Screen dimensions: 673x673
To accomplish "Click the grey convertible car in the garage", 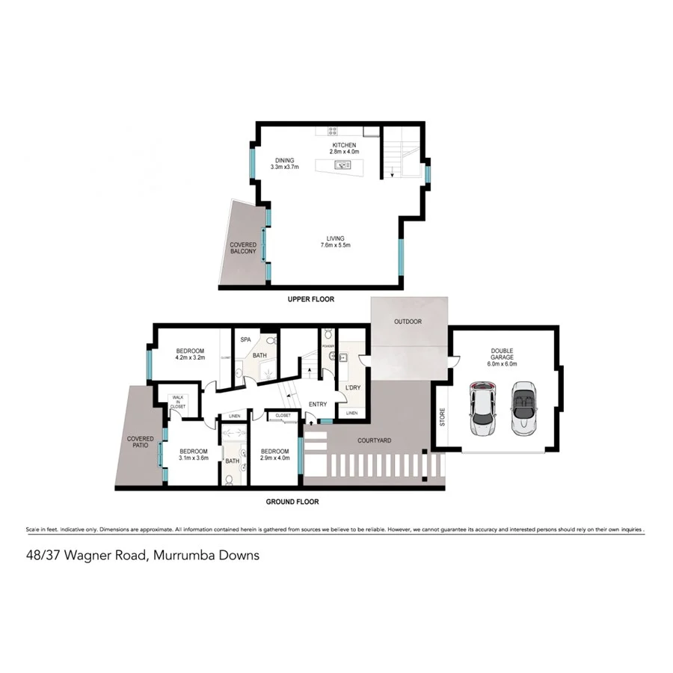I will [x=523, y=410].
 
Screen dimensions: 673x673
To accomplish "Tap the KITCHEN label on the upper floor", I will [x=344, y=145].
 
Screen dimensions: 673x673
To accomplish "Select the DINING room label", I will [x=284, y=160].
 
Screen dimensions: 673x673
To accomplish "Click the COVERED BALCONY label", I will [x=243, y=248].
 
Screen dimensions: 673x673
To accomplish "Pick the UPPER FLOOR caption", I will [x=311, y=300].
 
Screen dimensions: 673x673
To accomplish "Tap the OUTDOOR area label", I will [x=409, y=322].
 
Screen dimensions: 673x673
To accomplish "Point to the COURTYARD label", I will [x=374, y=440].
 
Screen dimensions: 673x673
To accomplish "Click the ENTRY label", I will [x=318, y=405].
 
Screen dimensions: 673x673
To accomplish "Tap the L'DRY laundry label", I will [x=352, y=387].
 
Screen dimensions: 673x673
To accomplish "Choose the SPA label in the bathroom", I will [x=245, y=339].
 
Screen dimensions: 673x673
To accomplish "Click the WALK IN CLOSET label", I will [x=178, y=402].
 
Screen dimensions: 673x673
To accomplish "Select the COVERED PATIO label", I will [x=141, y=442].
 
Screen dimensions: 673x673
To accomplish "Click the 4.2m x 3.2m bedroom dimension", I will [x=190, y=358].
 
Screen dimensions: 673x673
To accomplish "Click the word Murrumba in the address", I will [x=182, y=556].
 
